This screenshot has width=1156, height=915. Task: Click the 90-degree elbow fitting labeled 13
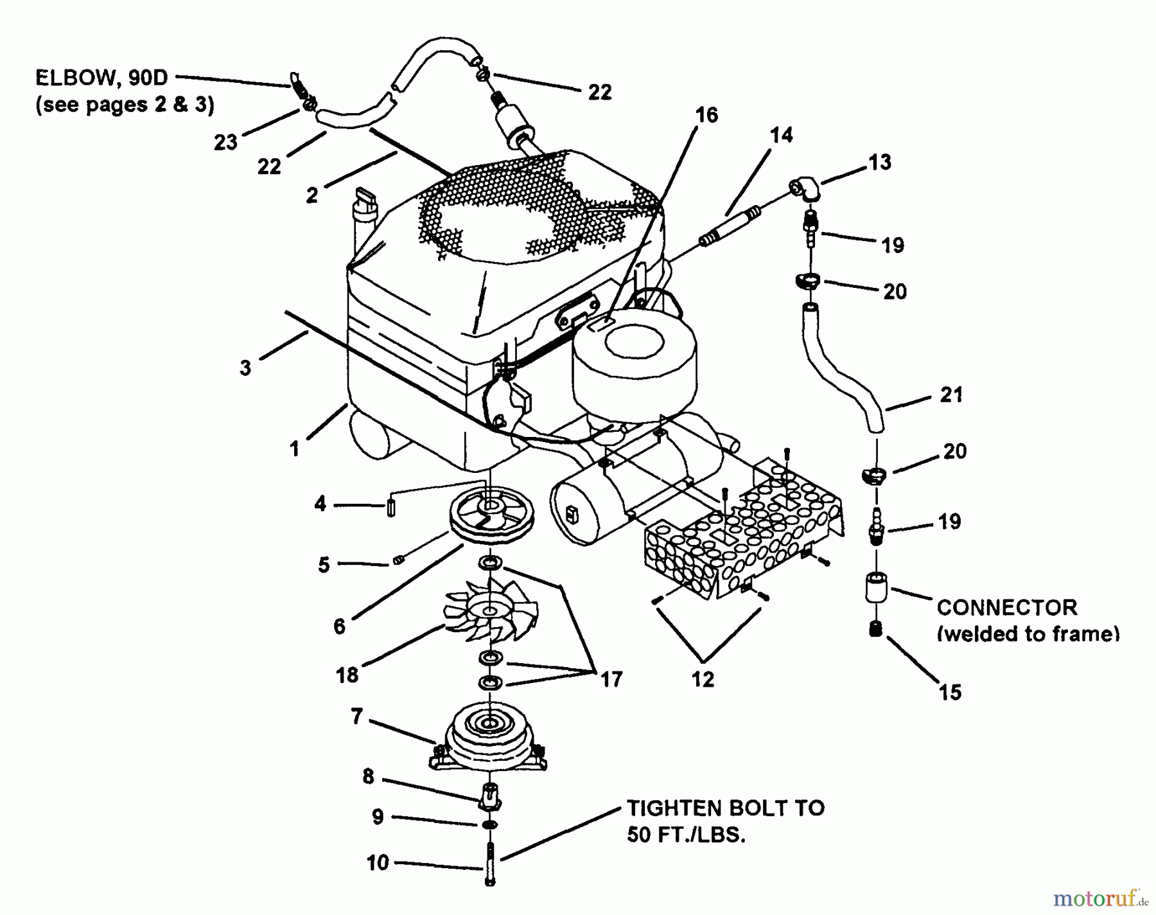[803, 190]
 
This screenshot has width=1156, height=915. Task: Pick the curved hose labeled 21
[841, 369]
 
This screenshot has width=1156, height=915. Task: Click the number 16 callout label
[706, 115]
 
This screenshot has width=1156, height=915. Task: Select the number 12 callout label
[703, 679]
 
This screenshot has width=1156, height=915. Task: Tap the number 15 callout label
[950, 692]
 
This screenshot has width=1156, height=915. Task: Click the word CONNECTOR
[1006, 607]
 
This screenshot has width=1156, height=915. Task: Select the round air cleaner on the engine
[635, 366]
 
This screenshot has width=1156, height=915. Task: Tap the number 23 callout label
[225, 142]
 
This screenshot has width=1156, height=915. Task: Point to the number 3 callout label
[245, 368]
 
